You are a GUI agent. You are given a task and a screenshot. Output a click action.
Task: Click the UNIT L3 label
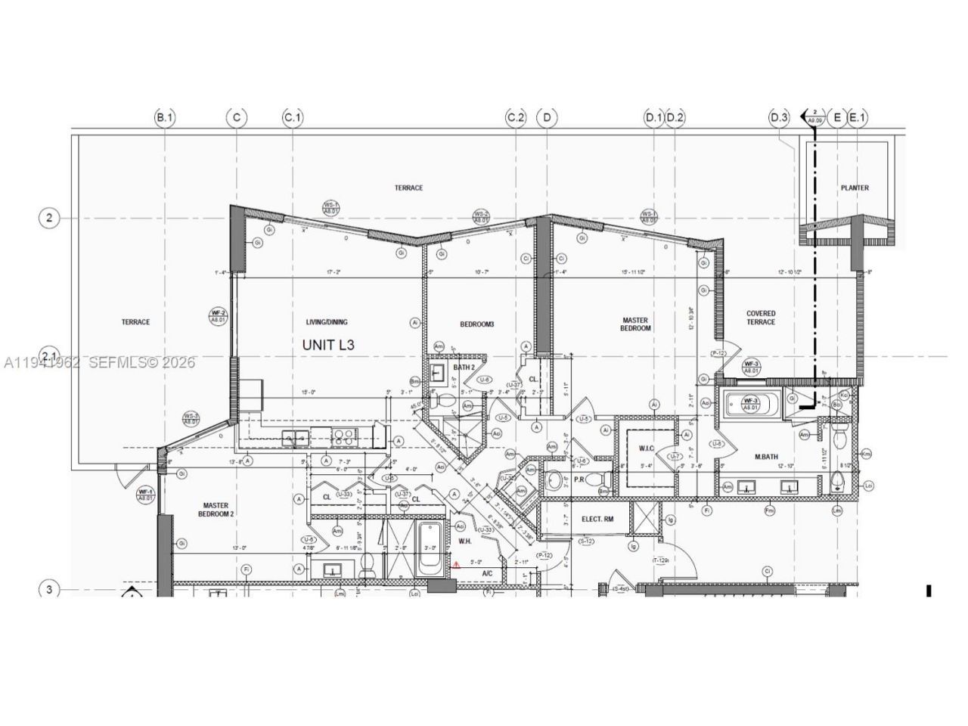pos(328,345)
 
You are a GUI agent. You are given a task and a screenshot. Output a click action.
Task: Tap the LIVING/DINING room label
pos(327,322)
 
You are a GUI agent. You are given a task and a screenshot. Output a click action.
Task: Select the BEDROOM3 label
pos(476,324)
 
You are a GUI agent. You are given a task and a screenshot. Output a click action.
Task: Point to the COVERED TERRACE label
pos(761,318)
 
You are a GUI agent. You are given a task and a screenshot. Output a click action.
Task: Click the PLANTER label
pos(855,188)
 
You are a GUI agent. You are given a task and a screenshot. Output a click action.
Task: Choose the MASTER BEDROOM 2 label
pos(216,510)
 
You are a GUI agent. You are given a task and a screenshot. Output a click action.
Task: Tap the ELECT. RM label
pos(597,519)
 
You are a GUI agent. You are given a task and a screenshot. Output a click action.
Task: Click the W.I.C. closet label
pos(646,448)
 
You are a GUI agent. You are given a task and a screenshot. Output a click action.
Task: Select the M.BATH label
pos(767,457)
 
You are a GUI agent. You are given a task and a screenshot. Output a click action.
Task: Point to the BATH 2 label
pos(464,368)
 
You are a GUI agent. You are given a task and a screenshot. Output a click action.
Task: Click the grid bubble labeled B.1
pos(165,117)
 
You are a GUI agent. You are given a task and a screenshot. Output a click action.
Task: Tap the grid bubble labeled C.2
pos(516,117)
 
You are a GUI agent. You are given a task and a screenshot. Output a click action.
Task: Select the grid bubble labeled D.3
pos(779,117)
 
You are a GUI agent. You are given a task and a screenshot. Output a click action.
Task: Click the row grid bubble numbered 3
pos(49,589)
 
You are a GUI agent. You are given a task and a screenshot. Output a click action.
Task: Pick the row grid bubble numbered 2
pos(49,219)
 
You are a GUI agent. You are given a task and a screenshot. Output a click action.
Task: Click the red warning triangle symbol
pos(456,564)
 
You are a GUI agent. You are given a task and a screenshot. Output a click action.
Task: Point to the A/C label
pos(488,574)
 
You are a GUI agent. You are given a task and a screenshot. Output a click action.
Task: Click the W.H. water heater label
pos(464,541)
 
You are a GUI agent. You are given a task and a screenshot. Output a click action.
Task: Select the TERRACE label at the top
pos(408,188)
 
